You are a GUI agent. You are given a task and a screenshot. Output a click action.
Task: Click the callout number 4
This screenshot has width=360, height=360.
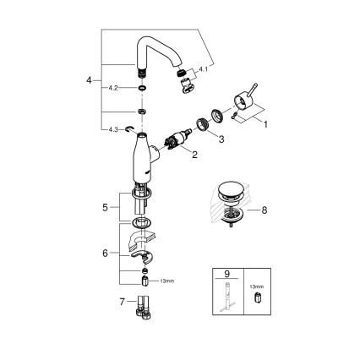tap(89, 81)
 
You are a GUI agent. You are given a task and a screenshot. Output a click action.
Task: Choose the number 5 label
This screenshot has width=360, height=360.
tap(105, 205)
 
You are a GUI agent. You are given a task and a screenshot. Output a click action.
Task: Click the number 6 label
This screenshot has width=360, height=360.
tap(105, 252)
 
